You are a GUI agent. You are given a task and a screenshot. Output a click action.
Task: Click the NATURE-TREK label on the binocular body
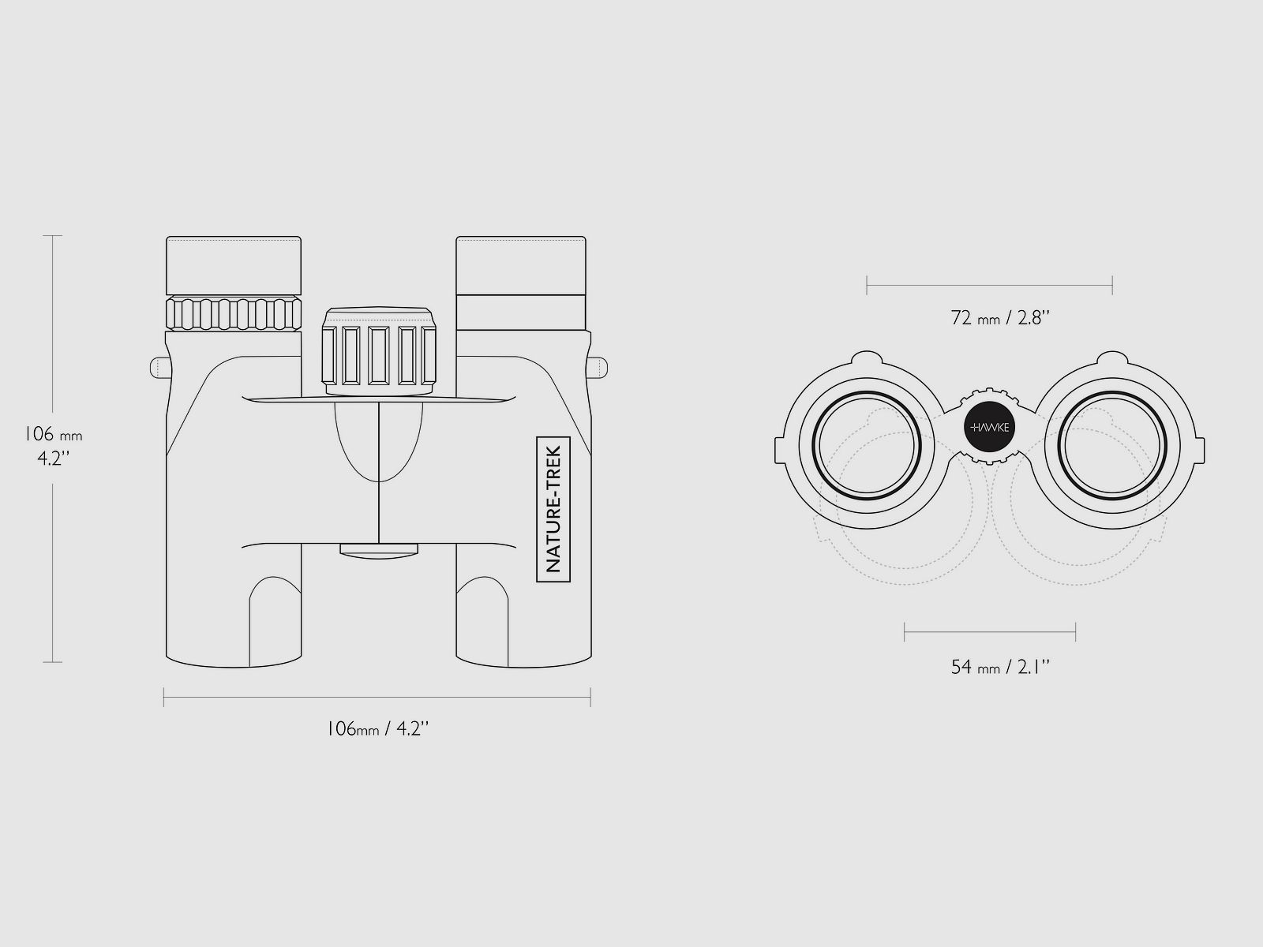click(553, 509)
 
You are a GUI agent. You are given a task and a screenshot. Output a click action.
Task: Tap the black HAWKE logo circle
click(990, 427)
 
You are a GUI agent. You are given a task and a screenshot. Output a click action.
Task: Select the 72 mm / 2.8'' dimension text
click(1001, 318)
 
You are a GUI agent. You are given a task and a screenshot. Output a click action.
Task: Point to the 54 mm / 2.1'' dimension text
click(1001, 667)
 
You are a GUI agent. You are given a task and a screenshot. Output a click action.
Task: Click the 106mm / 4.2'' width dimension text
click(378, 729)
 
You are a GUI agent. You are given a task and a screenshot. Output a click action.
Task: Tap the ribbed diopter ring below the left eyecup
click(234, 314)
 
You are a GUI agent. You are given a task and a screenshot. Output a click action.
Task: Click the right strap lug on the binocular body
click(598, 368)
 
